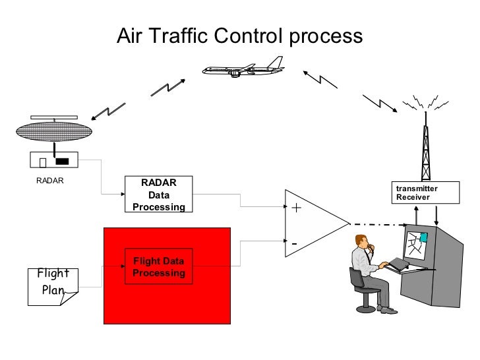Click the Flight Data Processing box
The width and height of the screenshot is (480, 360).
coord(158,267)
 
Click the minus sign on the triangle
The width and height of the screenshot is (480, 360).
coord(294,245)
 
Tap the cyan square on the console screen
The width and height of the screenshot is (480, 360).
coord(423,237)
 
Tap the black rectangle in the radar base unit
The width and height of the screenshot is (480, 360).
coord(62,161)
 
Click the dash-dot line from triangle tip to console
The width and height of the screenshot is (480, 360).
coord(376,224)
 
